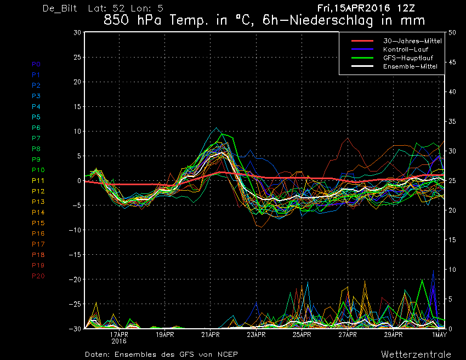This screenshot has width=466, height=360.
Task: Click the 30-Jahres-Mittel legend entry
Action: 412,41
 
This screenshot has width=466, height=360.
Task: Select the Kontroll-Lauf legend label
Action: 405,49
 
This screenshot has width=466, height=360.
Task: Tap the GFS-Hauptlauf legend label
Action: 408,58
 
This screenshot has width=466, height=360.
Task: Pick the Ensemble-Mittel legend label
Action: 410,66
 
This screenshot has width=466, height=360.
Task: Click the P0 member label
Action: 36,64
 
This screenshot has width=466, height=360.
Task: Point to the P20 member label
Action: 38,276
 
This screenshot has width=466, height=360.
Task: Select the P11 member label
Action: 38,181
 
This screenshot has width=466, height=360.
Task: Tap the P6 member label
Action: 36,128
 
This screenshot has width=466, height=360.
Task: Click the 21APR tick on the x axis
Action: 211,335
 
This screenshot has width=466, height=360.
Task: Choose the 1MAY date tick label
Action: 439,335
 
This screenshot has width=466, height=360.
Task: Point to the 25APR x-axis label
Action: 302,335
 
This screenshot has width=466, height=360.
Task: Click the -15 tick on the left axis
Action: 75,255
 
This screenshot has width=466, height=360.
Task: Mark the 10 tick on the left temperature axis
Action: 77,132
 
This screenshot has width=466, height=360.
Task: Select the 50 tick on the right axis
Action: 452,32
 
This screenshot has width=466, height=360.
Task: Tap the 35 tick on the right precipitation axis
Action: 452,122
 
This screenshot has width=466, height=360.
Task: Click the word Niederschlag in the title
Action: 331,20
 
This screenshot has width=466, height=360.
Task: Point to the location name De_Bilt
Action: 60,8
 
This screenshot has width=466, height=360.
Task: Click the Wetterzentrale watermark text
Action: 416,355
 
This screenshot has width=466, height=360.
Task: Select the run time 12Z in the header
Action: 406,8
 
